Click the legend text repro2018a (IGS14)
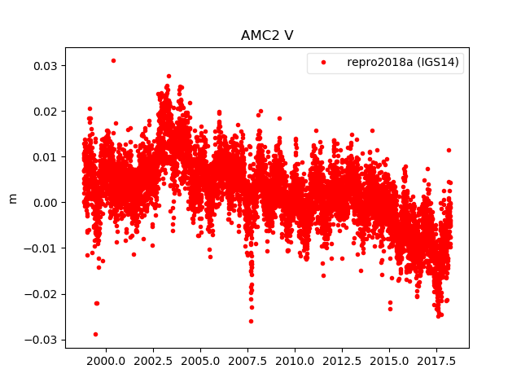pyautogui.click(x=405, y=63)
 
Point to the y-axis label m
pyautogui.click(x=12, y=198)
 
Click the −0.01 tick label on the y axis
pyautogui.click(x=40, y=248)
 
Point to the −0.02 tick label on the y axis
pyautogui.click(x=40, y=293)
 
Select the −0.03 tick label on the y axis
pyautogui.click(x=40, y=339)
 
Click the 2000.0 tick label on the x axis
pyautogui.click(x=104, y=360)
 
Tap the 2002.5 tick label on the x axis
pyautogui.click(x=151, y=360)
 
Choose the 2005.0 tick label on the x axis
pyautogui.click(x=199, y=360)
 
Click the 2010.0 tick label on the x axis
pyautogui.click(x=295, y=360)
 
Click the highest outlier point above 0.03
pyautogui.click(x=113, y=60)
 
